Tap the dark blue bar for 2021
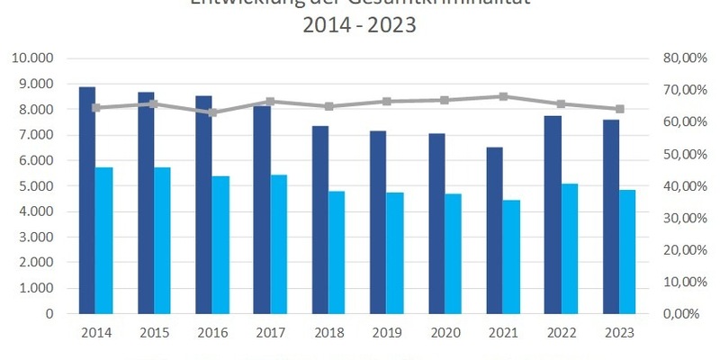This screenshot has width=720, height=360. [x=495, y=229]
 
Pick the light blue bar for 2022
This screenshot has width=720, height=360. [x=569, y=248]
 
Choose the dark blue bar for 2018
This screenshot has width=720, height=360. [x=320, y=220]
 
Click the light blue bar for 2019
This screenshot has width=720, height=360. [x=394, y=253]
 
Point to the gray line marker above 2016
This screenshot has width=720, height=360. [x=212, y=113]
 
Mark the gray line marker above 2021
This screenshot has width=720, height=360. [x=503, y=96]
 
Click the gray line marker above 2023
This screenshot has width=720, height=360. [x=619, y=109]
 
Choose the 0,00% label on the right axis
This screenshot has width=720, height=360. [x=682, y=314]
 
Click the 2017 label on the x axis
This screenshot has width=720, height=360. [x=270, y=333]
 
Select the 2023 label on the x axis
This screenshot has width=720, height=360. [x=619, y=333]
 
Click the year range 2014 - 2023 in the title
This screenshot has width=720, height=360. [x=360, y=25]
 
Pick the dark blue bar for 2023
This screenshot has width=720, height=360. [x=611, y=217]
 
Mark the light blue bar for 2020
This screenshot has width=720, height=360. [x=453, y=254]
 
